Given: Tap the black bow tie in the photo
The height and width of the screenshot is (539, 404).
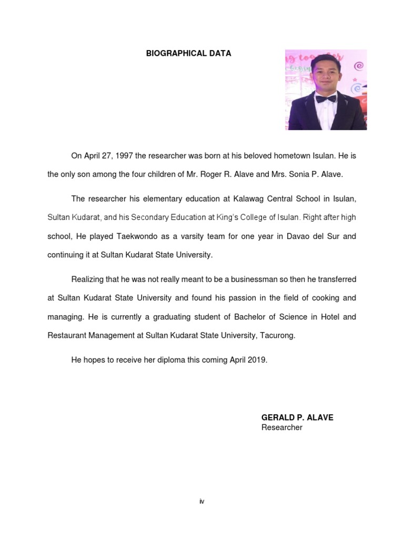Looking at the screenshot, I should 325,98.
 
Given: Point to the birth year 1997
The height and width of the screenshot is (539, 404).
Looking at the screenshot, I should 123,156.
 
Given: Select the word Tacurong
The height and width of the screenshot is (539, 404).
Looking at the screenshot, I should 277,335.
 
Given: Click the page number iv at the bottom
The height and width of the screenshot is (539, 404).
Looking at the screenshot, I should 201,501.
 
